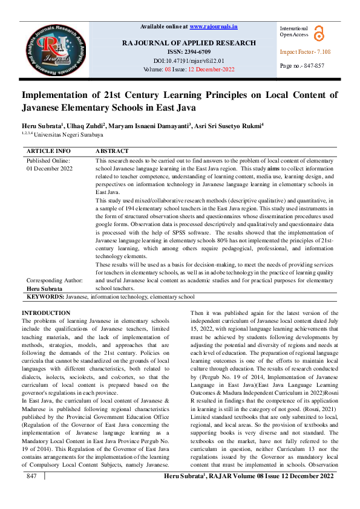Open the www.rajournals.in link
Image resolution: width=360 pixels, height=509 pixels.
point(213,27)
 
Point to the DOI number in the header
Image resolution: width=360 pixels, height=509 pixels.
point(189,60)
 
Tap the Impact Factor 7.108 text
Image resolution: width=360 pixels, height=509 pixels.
point(305,52)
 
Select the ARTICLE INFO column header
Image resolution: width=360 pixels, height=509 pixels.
point(48,151)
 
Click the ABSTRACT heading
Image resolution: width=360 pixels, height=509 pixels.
point(112,151)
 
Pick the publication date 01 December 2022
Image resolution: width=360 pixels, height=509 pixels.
point(49,169)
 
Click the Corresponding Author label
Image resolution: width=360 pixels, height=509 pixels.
point(54,280)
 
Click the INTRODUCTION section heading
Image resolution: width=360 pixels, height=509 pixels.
point(45,313)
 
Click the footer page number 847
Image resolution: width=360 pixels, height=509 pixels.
point(32,493)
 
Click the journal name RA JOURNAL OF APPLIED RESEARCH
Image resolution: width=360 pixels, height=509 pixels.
point(189,43)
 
